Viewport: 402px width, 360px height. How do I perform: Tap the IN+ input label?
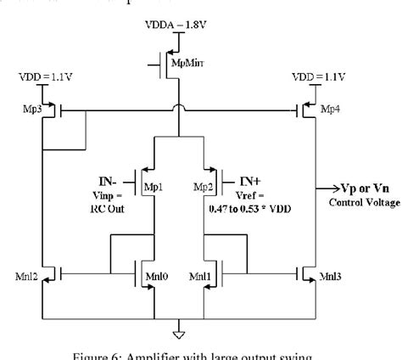click(250, 180)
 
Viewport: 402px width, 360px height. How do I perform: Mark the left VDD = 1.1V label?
click(41, 77)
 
